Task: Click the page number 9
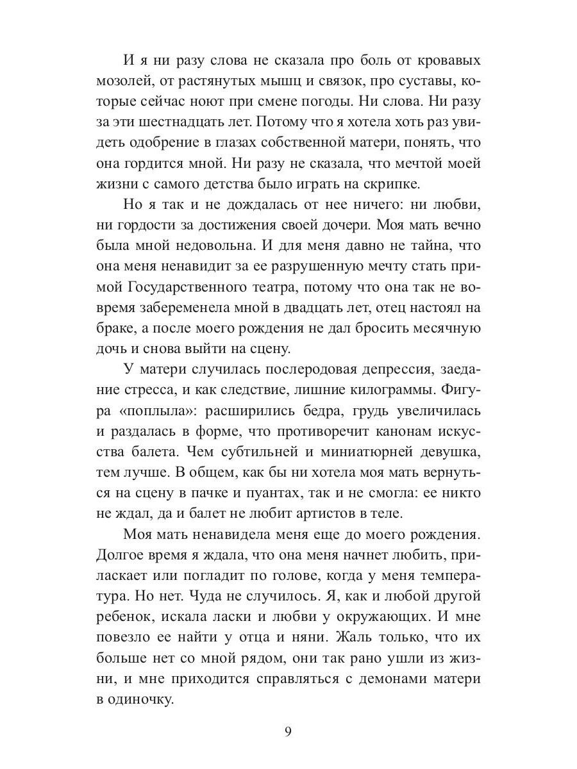pyautogui.click(x=288, y=731)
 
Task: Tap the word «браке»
pyautogui.click(x=117, y=327)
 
